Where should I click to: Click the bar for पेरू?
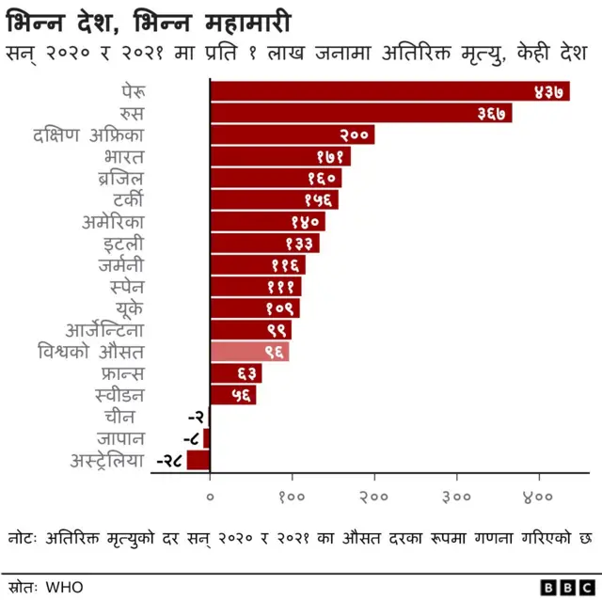coord(389,91)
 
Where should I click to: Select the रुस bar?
coord(360,113)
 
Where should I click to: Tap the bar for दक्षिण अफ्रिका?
coord(292,134)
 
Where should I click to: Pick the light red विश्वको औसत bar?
coord(249,352)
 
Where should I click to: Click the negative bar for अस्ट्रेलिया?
coord(198,460)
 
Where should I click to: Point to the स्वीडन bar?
coord(232,395)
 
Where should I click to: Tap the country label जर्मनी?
coord(120,265)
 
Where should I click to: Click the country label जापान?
coord(119,438)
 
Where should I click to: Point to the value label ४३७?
coord(548,91)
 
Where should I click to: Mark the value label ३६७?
coord(493,113)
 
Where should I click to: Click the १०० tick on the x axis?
coord(292,496)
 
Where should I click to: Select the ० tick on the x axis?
coord(210,496)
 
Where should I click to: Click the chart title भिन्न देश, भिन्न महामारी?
coord(150,20)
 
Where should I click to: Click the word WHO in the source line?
coord(64,587)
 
